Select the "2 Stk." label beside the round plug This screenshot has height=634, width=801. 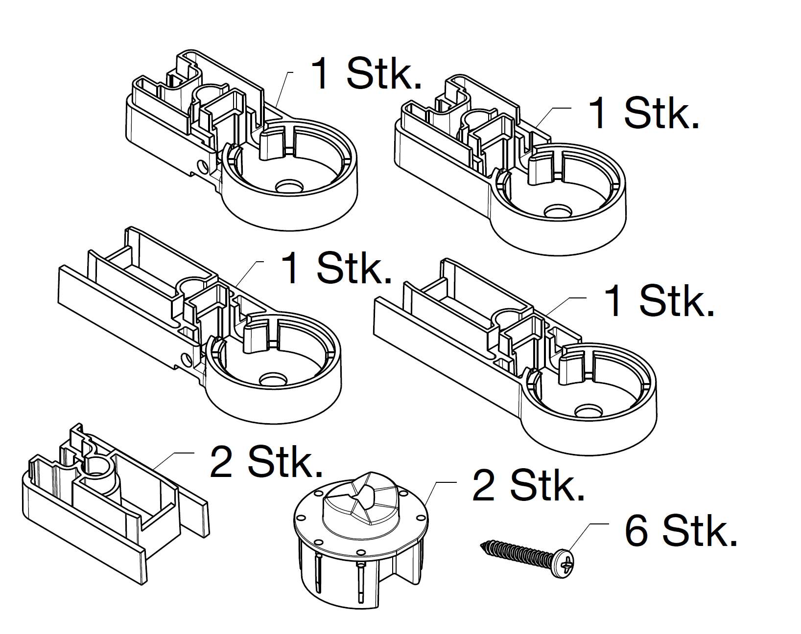[x=528, y=486]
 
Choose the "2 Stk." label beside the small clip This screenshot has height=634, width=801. [x=266, y=462]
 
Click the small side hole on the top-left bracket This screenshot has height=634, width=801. [x=202, y=168]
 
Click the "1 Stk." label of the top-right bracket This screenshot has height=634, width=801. [x=643, y=113]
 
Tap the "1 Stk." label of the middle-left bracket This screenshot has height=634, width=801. [x=337, y=269]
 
